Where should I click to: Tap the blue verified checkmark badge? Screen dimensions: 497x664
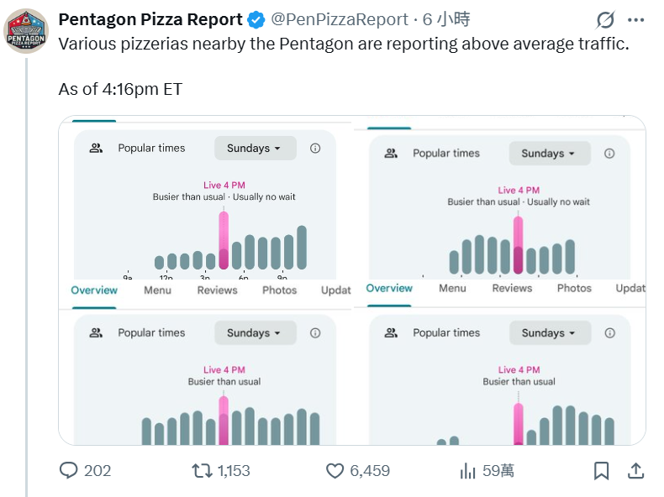pyautogui.click(x=256, y=19)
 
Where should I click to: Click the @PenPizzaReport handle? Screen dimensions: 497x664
pyautogui.click(x=340, y=19)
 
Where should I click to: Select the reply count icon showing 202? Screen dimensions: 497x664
pyautogui.click(x=69, y=470)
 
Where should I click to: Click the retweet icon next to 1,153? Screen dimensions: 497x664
pyautogui.click(x=203, y=470)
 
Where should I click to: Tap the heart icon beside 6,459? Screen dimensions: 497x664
pyautogui.click(x=335, y=470)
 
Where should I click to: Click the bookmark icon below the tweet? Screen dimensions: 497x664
pyautogui.click(x=602, y=470)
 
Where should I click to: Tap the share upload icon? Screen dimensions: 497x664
pyautogui.click(x=636, y=470)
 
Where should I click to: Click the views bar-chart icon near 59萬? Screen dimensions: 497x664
pyautogui.click(x=468, y=470)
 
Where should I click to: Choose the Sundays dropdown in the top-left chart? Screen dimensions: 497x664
pyautogui.click(x=255, y=148)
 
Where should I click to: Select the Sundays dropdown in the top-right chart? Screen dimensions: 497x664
pyautogui.click(x=549, y=154)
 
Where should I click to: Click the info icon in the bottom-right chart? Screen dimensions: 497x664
pyautogui.click(x=609, y=332)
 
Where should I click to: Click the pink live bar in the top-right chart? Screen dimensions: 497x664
pyautogui.click(x=518, y=244)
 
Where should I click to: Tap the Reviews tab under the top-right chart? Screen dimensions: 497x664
pyautogui.click(x=512, y=288)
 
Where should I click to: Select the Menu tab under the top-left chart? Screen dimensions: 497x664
pyautogui.click(x=157, y=290)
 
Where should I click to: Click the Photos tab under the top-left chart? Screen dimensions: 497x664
pyautogui.click(x=279, y=290)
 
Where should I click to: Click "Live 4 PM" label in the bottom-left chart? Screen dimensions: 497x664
pyautogui.click(x=224, y=369)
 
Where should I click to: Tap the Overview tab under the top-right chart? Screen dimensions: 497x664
pyautogui.click(x=389, y=288)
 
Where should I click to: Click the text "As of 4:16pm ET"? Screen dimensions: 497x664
pyautogui.click(x=120, y=89)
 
